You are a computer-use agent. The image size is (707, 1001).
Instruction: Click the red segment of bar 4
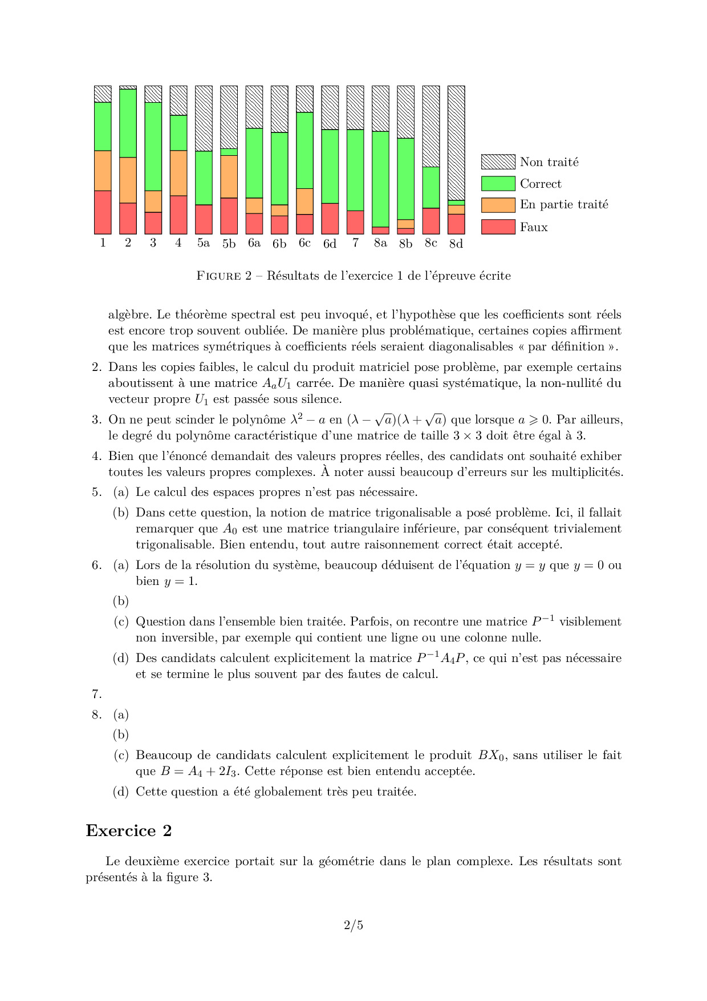coord(178,215)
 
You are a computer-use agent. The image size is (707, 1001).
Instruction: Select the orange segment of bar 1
coord(103,171)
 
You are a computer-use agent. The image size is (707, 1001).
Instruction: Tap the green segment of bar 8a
coord(380,179)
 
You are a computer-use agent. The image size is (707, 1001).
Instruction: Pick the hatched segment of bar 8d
coord(456,143)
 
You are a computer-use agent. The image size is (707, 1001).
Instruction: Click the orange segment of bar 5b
coord(229,176)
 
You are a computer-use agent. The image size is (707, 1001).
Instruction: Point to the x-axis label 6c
coord(304,243)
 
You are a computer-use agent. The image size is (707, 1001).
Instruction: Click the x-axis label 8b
coord(405,244)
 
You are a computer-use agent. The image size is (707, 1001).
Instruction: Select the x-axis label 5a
coord(204,243)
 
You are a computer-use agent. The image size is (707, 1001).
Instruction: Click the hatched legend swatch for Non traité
coord(498,162)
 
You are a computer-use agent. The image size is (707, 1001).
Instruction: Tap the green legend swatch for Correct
coord(498,184)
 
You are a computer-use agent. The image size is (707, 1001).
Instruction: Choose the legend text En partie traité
coord(564,205)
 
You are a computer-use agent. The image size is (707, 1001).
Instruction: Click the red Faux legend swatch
coord(498,227)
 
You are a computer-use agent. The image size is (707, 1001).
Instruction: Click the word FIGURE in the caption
coord(218,276)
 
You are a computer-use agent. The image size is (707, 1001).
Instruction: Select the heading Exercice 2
coord(129,831)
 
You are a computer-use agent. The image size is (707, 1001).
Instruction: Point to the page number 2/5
coord(353,925)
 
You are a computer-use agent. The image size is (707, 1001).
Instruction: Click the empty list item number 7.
coord(97,695)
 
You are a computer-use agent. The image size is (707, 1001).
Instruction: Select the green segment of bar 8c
coord(431,188)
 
